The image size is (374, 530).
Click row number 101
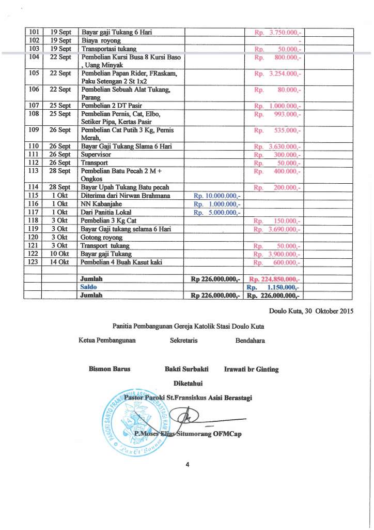tap(35, 32)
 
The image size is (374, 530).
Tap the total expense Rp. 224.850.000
tap(275, 279)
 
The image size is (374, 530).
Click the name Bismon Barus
tap(110, 369)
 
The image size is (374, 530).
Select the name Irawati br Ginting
tap(252, 369)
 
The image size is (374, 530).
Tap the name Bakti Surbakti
tap(186, 369)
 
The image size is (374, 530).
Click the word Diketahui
tap(188, 384)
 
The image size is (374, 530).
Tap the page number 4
tap(188, 464)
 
